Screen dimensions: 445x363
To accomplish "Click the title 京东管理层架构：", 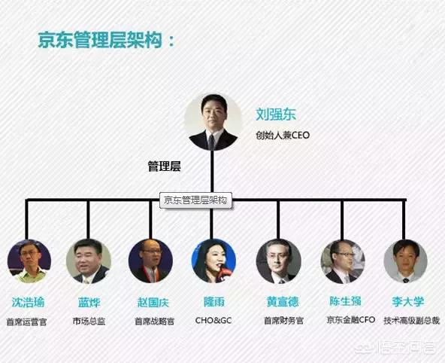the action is (x=107, y=40).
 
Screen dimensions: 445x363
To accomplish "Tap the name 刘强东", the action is (x=276, y=114).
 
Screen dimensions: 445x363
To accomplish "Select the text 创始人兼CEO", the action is (x=283, y=135).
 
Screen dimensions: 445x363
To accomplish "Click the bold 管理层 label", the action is (x=165, y=166).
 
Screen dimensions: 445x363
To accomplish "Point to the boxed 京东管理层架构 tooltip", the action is (x=195, y=200).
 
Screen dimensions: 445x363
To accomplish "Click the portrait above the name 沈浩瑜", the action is (x=29, y=261).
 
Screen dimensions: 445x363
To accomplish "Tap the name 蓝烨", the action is (x=89, y=302).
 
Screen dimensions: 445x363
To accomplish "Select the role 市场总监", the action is (x=89, y=322).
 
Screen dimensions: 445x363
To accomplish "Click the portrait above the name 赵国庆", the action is (x=150, y=261).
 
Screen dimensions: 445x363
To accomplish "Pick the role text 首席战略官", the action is (x=154, y=322).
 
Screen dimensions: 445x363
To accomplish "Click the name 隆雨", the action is (x=214, y=301).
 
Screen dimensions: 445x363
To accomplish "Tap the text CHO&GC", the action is (x=213, y=320).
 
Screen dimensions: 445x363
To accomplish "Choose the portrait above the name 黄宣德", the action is (x=278, y=261).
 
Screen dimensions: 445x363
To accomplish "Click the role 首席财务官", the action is (x=283, y=321).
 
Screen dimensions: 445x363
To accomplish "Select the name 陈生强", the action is (x=345, y=301).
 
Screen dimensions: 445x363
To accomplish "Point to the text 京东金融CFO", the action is (x=351, y=320).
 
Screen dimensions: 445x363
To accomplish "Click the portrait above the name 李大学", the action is (x=406, y=261).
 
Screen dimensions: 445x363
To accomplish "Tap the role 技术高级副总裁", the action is (x=411, y=321).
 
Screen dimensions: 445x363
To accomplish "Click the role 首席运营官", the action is (x=26, y=322).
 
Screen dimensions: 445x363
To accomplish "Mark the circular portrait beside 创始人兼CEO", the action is (x=213, y=122).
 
